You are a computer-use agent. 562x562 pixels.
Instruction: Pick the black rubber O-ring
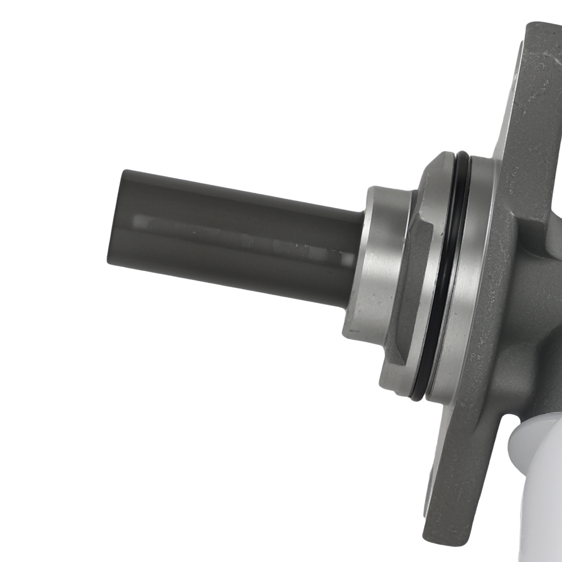[x=444, y=275]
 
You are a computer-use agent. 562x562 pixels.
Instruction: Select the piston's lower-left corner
[x=109, y=261]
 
